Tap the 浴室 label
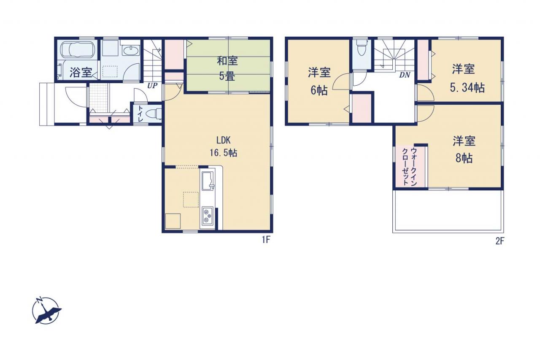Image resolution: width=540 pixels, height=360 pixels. (81, 73)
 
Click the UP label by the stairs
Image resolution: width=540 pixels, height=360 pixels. (152, 85)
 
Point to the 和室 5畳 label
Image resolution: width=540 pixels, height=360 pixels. (227, 68)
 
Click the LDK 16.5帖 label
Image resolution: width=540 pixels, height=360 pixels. (223, 146)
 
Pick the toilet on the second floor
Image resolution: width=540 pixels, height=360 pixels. (362, 49)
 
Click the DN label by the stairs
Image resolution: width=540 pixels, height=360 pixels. (405, 75)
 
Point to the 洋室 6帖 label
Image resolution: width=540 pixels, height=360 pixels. (319, 81)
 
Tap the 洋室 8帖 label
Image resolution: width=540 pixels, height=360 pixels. (464, 149)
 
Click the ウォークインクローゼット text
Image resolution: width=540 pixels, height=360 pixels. (409, 167)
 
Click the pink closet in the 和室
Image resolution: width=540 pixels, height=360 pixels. (174, 54)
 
